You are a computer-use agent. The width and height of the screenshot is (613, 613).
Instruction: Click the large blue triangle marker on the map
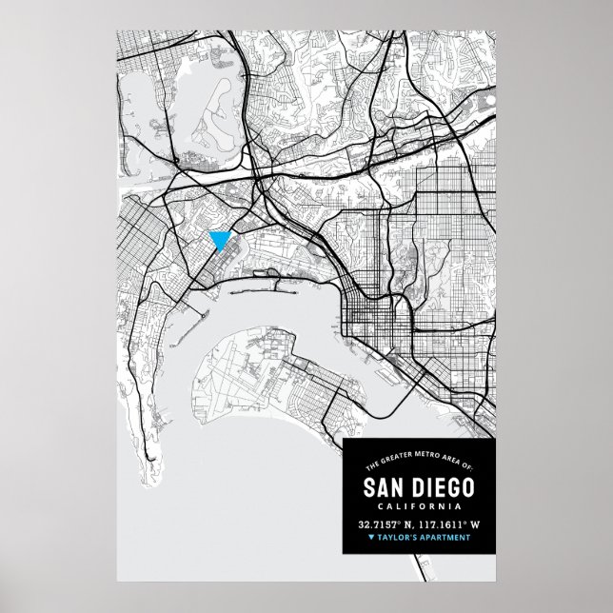click(x=220, y=238)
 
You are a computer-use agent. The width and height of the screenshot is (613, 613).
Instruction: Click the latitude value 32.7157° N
click(x=389, y=524)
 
